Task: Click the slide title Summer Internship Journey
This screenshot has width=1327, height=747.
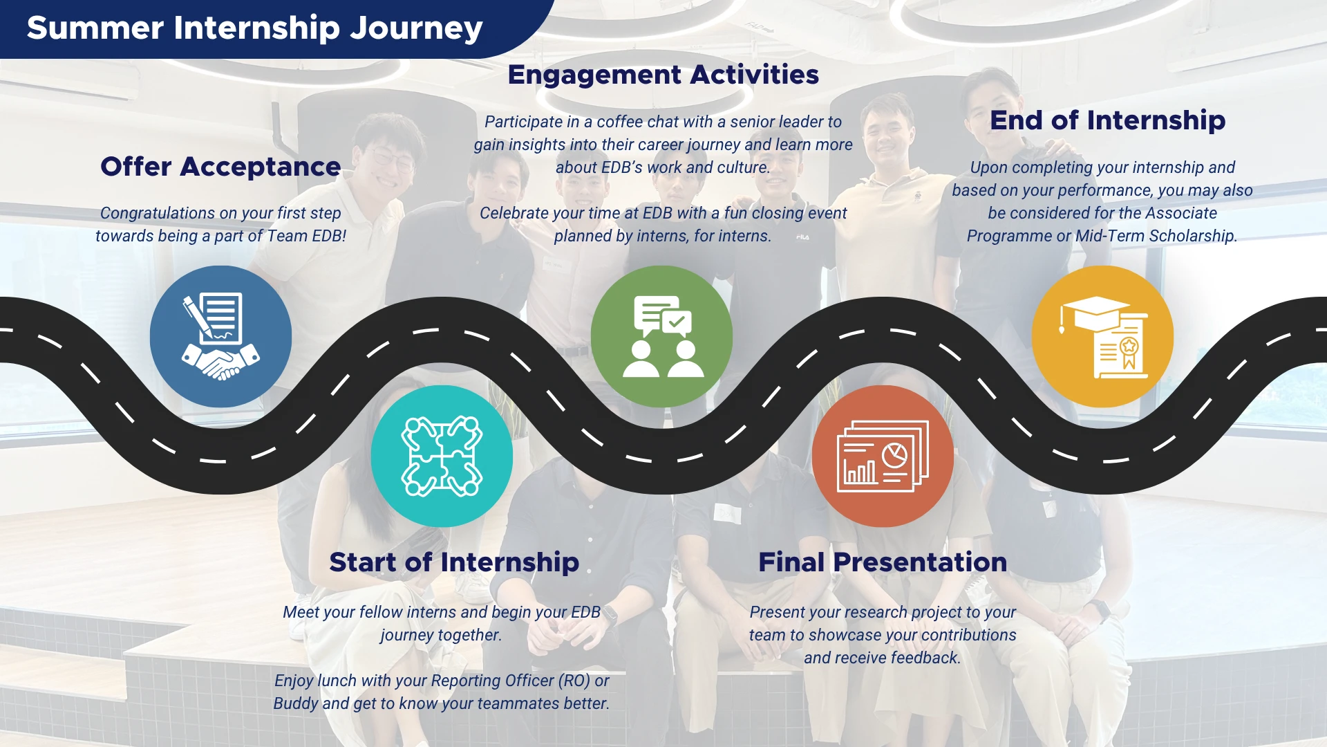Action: pyautogui.click(x=254, y=28)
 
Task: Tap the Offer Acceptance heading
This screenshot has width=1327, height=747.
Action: pyautogui.click(x=220, y=167)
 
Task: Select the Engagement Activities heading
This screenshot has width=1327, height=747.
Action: pyautogui.click(x=663, y=75)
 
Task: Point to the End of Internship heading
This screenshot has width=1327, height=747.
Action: pyautogui.click(x=1107, y=120)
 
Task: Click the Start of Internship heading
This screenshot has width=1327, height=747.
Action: pyautogui.click(x=454, y=562)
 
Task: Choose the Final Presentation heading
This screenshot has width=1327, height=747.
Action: pyautogui.click(x=883, y=562)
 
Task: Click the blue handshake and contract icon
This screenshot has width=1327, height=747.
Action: pyautogui.click(x=220, y=337)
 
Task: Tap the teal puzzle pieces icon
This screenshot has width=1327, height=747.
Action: pyautogui.click(x=442, y=456)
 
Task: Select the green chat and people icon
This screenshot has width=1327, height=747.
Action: pyautogui.click(x=661, y=337)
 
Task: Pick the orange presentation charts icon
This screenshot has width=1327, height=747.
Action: pyautogui.click(x=883, y=456)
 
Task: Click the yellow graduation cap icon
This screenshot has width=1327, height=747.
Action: pyautogui.click(x=1102, y=337)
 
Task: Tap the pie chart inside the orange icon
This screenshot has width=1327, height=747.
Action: pyautogui.click(x=895, y=455)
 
